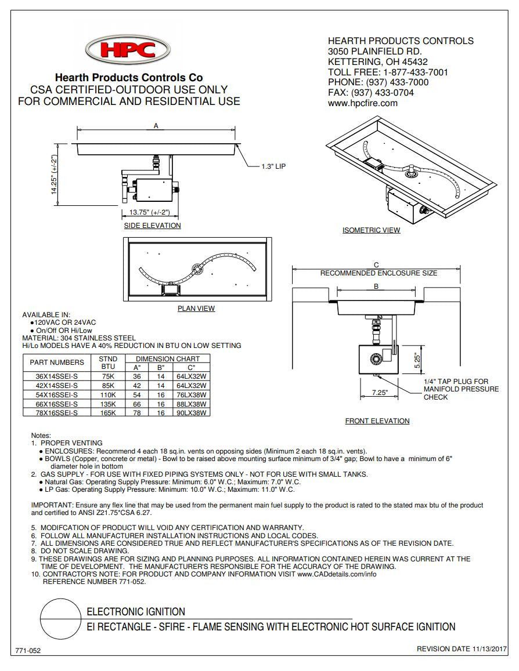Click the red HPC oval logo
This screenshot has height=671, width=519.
pos(128,49)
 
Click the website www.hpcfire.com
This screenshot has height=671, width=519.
pos(363,103)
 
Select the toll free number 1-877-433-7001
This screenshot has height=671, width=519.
pos(415,72)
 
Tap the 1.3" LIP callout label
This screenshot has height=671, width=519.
pos(273,166)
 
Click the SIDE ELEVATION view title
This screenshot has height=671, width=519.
pos(152,226)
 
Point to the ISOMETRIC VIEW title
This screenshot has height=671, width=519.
pos(371,230)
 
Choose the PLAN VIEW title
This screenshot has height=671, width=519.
pos(196,309)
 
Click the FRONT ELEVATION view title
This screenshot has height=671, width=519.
pos(377,421)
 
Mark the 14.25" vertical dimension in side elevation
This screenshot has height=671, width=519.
pos(55,175)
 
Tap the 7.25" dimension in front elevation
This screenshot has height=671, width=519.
pos(380,393)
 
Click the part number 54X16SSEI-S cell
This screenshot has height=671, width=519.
pos(49,394)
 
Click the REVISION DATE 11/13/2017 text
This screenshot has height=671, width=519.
pos(462,649)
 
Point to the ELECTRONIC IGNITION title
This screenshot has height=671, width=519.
pos(136,612)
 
